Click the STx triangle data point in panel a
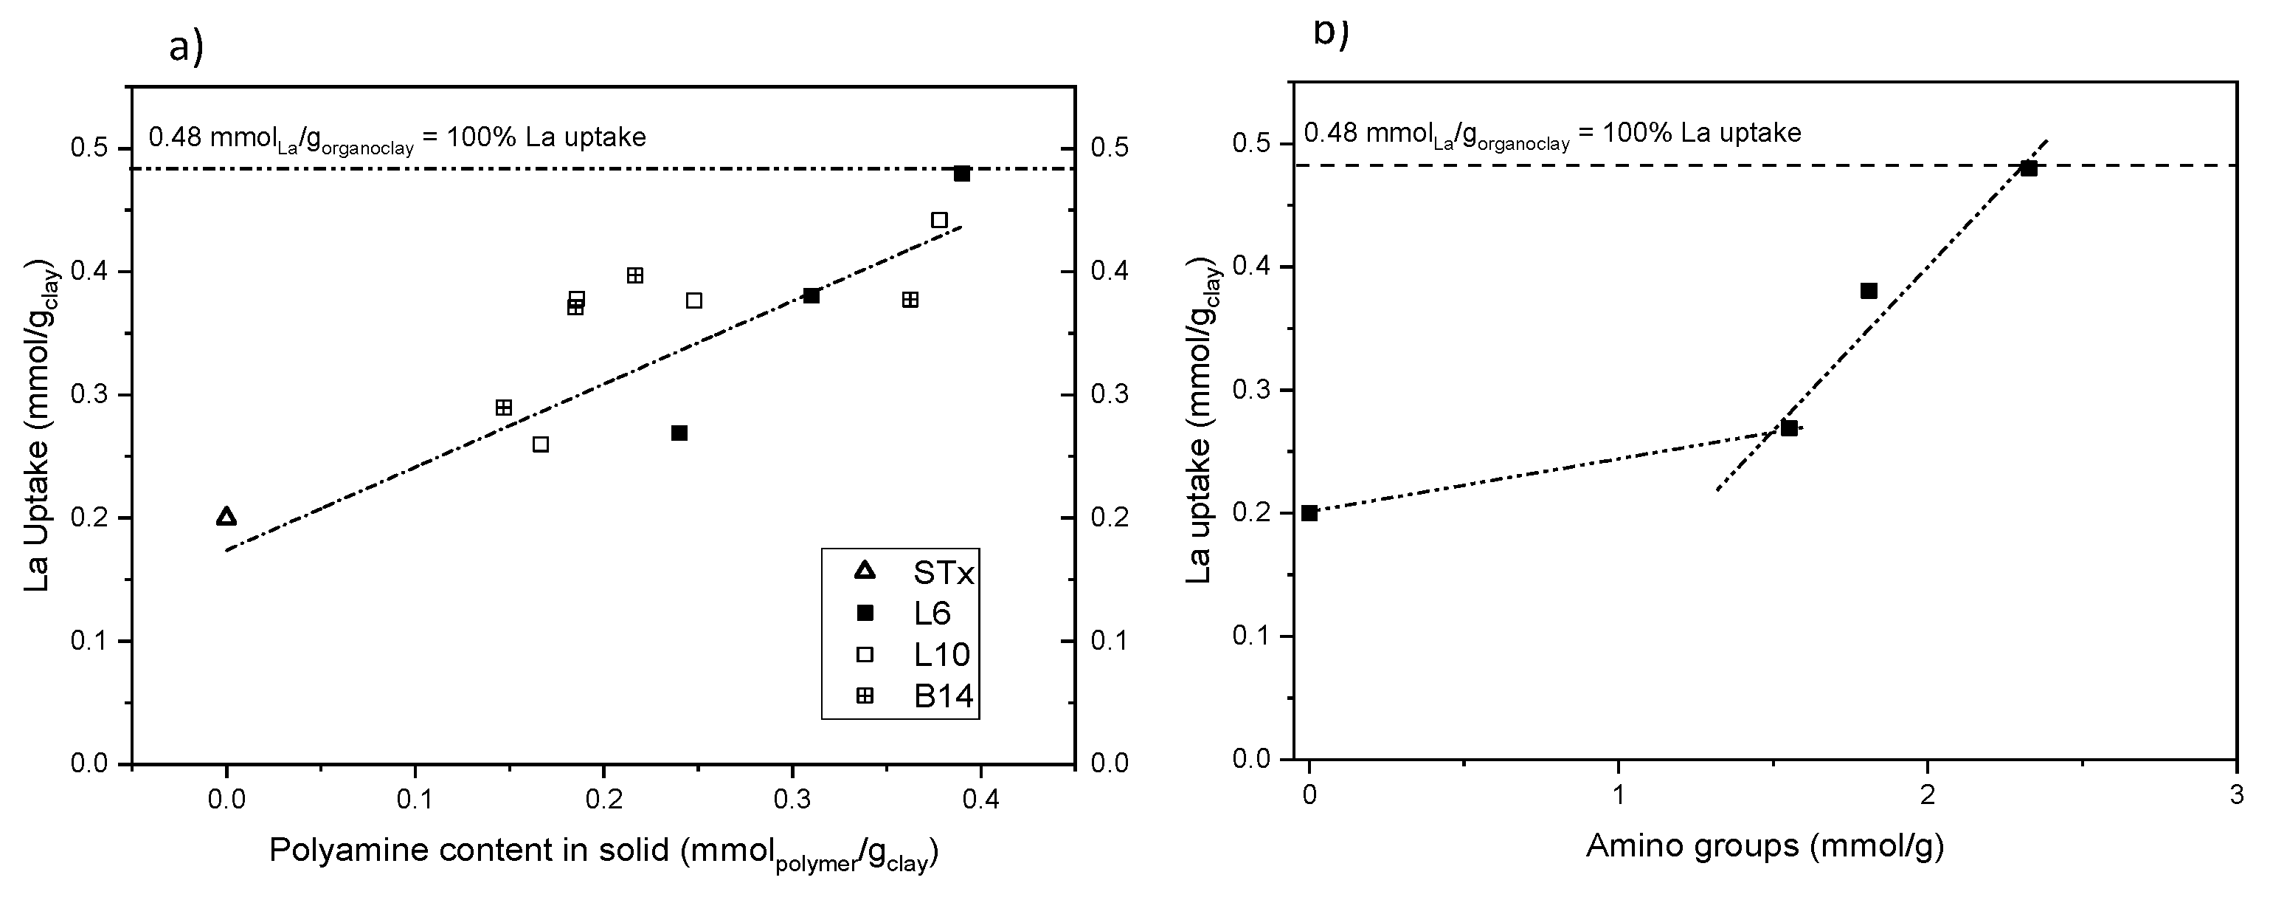[x=226, y=517]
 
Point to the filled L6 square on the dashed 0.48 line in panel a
[x=961, y=174]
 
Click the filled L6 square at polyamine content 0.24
[x=679, y=433]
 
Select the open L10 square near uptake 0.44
[x=939, y=220]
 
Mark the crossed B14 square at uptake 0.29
[x=503, y=408]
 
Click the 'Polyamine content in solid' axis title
[x=603, y=851]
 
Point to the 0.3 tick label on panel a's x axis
[x=792, y=800]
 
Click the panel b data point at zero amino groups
[x=1309, y=513]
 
